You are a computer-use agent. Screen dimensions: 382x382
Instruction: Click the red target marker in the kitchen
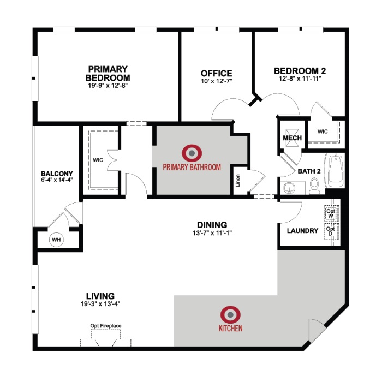[230, 314]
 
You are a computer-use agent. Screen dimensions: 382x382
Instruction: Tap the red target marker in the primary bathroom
[192, 153]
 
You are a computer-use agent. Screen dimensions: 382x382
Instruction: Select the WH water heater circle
[56, 240]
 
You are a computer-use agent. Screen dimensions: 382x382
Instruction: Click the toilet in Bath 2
[314, 186]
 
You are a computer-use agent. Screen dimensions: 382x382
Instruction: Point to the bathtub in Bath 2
[336, 170]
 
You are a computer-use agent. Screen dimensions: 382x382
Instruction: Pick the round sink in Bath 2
[289, 188]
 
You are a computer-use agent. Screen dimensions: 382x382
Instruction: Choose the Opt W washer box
[331, 213]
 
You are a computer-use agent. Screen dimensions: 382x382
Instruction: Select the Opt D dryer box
[331, 231]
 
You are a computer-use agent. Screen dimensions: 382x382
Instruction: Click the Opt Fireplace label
[106, 326]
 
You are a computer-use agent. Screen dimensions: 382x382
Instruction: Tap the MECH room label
[292, 138]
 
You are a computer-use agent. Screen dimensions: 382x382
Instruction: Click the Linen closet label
[238, 181]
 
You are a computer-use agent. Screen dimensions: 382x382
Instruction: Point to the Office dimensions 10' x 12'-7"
[217, 81]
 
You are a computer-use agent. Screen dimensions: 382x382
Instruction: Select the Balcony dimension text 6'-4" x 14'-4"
[57, 180]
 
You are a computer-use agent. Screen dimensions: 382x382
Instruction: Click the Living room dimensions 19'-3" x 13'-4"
[100, 304]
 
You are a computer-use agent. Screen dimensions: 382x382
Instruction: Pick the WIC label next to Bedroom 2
[323, 132]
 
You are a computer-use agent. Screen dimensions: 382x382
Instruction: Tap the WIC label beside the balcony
[98, 160]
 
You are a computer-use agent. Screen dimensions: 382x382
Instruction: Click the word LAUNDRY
[302, 230]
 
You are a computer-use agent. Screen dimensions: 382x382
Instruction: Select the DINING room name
[212, 225]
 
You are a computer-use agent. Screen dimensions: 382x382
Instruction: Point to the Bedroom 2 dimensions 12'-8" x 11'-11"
[300, 79]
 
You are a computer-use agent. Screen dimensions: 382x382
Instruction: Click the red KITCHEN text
[230, 328]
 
